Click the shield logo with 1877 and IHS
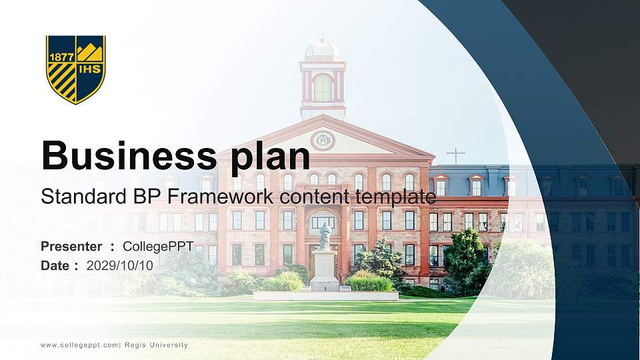coord(75,69)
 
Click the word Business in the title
coord(119,155)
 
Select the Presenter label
coord(71,247)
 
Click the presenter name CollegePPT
coord(158,247)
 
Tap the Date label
coord(55,265)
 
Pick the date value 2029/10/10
coord(120,265)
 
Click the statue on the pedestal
coord(325,237)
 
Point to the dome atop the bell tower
coord(323,50)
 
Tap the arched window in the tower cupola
coord(323,87)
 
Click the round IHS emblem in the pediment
coord(323,141)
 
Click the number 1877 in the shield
coord(61,57)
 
